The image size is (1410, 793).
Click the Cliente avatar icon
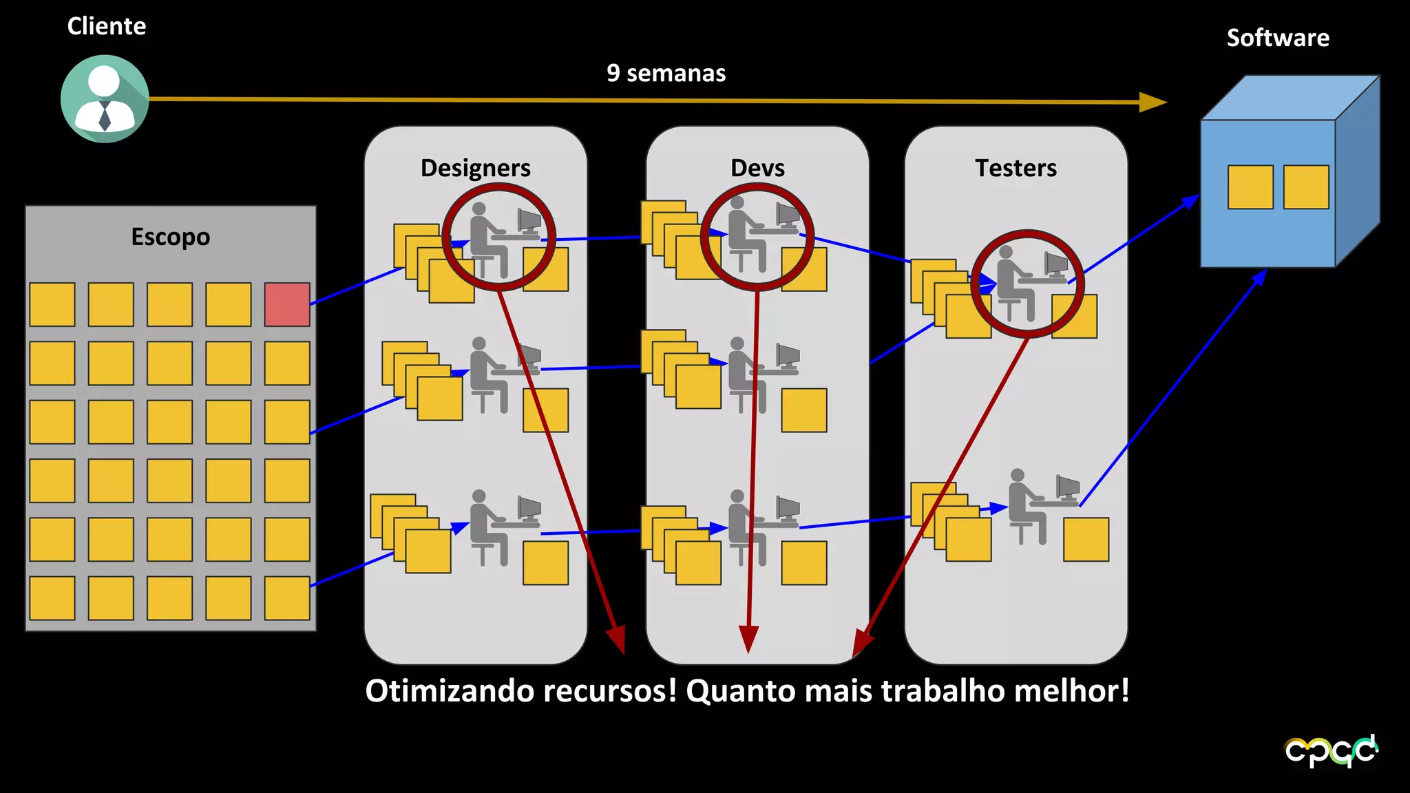(x=105, y=99)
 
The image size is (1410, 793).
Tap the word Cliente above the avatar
(x=107, y=26)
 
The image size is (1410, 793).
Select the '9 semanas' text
(x=666, y=73)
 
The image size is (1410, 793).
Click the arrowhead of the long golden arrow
(x=1153, y=102)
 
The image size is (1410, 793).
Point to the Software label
(x=1278, y=38)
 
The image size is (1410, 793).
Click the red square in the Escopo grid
(x=287, y=304)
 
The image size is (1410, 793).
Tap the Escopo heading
(x=171, y=237)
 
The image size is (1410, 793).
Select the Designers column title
(x=476, y=168)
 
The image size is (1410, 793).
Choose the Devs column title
(x=757, y=168)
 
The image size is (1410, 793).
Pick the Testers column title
(x=1016, y=168)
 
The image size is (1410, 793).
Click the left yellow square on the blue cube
(x=1250, y=187)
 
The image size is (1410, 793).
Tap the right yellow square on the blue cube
(x=1306, y=187)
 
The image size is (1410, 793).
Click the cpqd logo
(x=1331, y=751)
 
